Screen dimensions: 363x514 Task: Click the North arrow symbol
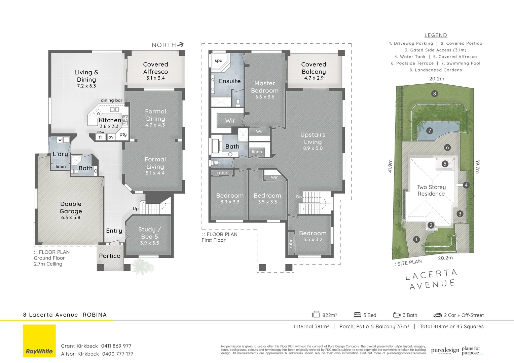181,44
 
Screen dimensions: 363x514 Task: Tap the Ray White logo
39,341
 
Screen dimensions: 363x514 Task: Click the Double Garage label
71,207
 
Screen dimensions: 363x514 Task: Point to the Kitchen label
110,120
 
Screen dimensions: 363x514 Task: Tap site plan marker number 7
430,131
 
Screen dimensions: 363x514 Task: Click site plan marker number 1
416,239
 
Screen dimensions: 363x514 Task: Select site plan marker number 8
435,94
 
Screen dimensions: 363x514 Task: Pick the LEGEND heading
436,35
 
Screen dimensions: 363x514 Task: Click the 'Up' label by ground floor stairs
136,209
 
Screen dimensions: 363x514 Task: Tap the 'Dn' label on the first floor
299,197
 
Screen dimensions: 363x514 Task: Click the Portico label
110,256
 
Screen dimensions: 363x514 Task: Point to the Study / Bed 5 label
149,233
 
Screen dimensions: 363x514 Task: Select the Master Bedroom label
265,87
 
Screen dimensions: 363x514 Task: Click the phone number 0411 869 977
116,346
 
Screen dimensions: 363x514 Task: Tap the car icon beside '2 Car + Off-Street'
437,315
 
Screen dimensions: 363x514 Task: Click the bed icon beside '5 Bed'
357,315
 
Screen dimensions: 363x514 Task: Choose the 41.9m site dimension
390,166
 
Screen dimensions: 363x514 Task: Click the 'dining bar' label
112,100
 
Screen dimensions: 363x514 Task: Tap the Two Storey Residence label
431,190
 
